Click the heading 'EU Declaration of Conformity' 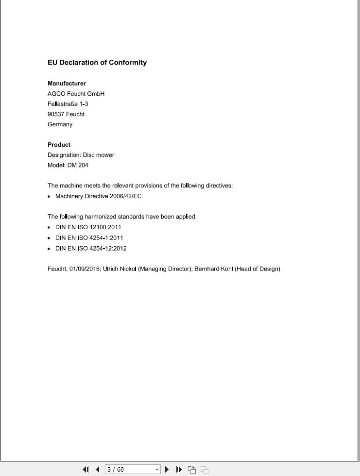point(97,63)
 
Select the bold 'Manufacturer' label point(67,84)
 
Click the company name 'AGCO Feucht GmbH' point(76,94)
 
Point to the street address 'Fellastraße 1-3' point(68,104)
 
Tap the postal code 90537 point(56,114)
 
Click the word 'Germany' point(60,124)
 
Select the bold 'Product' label point(59,145)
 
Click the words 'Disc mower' point(99,155)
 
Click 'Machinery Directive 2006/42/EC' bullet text point(98,196)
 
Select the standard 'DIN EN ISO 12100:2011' point(88,227)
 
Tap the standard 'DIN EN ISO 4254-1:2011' point(89,238)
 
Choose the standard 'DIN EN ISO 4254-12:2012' point(91,248)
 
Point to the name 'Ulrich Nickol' point(120,269)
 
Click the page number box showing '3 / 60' point(129,469)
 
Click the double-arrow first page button point(86,469)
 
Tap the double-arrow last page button point(179,469)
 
